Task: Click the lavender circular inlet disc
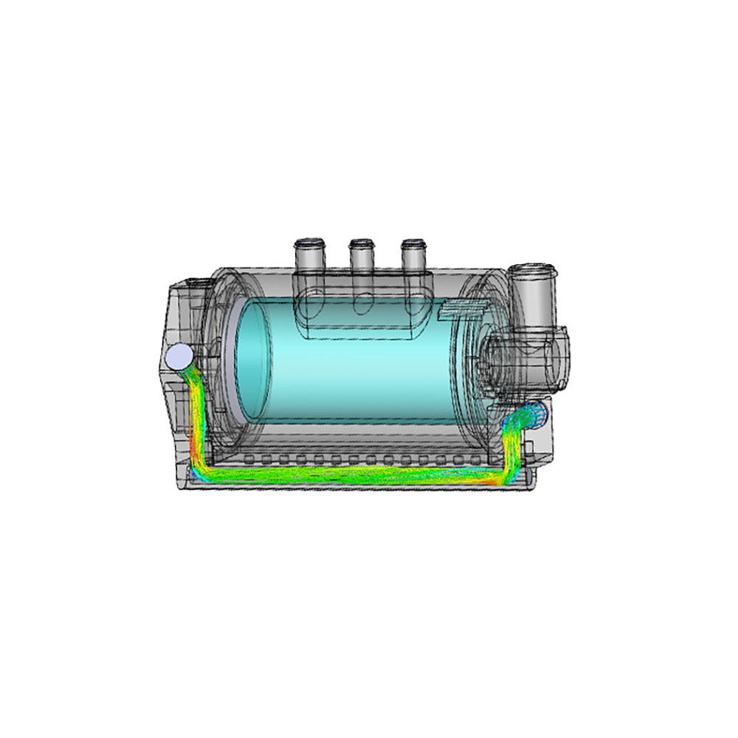coord(179,356)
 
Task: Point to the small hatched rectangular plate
coord(461,311)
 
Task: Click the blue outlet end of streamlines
coord(537,411)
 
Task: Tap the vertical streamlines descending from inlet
coord(196,413)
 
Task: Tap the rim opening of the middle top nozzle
coord(362,243)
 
